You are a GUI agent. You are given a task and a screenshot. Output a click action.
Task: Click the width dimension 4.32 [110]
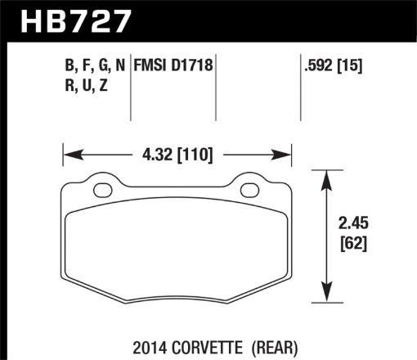pos(178,153)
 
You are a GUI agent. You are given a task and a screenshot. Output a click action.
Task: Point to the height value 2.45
pos(356,221)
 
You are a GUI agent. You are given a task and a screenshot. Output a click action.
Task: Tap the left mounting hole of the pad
pos(103,191)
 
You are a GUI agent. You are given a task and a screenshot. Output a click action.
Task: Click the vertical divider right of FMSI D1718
pos(216,90)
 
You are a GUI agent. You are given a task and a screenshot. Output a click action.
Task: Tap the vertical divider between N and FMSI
pos(132,90)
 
